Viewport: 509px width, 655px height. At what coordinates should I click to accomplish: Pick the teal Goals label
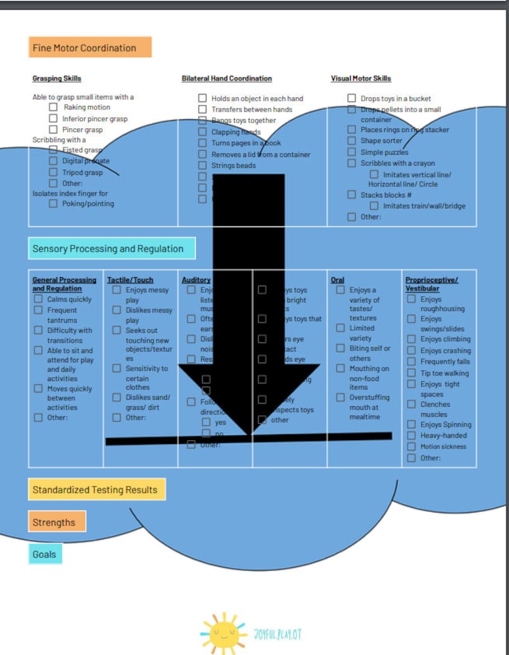point(44,554)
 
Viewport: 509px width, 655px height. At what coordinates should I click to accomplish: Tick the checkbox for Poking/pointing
point(53,203)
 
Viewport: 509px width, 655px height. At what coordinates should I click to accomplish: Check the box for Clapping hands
point(202,132)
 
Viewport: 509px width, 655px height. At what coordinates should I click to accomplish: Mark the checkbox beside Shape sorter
point(351,140)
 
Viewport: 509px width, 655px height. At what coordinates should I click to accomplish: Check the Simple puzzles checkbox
point(351,152)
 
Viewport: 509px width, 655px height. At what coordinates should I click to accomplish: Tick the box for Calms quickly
point(38,299)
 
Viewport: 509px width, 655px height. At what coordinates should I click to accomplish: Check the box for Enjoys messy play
point(117,290)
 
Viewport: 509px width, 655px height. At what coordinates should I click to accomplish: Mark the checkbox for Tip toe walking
point(412,373)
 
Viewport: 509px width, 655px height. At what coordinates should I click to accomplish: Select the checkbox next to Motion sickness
point(412,447)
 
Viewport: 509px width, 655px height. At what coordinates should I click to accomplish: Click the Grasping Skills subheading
point(57,78)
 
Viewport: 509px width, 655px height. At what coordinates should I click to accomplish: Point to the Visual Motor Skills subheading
point(361,78)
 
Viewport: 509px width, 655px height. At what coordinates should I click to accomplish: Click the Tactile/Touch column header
point(130,280)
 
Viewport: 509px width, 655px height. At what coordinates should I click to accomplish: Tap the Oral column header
point(337,280)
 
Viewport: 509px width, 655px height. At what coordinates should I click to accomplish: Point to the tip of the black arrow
point(249,434)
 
